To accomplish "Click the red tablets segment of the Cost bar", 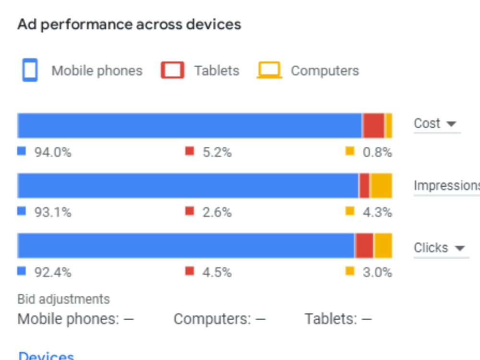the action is point(373,125).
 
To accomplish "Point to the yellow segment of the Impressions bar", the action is point(381,185).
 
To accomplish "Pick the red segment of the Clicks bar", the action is point(364,245).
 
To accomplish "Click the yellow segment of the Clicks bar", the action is point(383,245).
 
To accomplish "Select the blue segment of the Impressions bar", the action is point(188,185).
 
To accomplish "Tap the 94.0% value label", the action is point(53,152).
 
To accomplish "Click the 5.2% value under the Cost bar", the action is point(217,152).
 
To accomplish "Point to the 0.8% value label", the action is point(377,152).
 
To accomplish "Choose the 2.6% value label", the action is point(217,212).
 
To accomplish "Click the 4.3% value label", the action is point(377,212).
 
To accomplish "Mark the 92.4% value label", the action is point(53,272).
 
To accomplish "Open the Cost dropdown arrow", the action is point(451,124).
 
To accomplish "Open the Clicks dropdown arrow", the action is point(460,248).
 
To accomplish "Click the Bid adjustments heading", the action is point(63,299).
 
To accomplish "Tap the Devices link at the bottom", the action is point(46,356).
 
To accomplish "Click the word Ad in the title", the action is point(27,24).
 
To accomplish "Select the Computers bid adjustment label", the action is point(212,319).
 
